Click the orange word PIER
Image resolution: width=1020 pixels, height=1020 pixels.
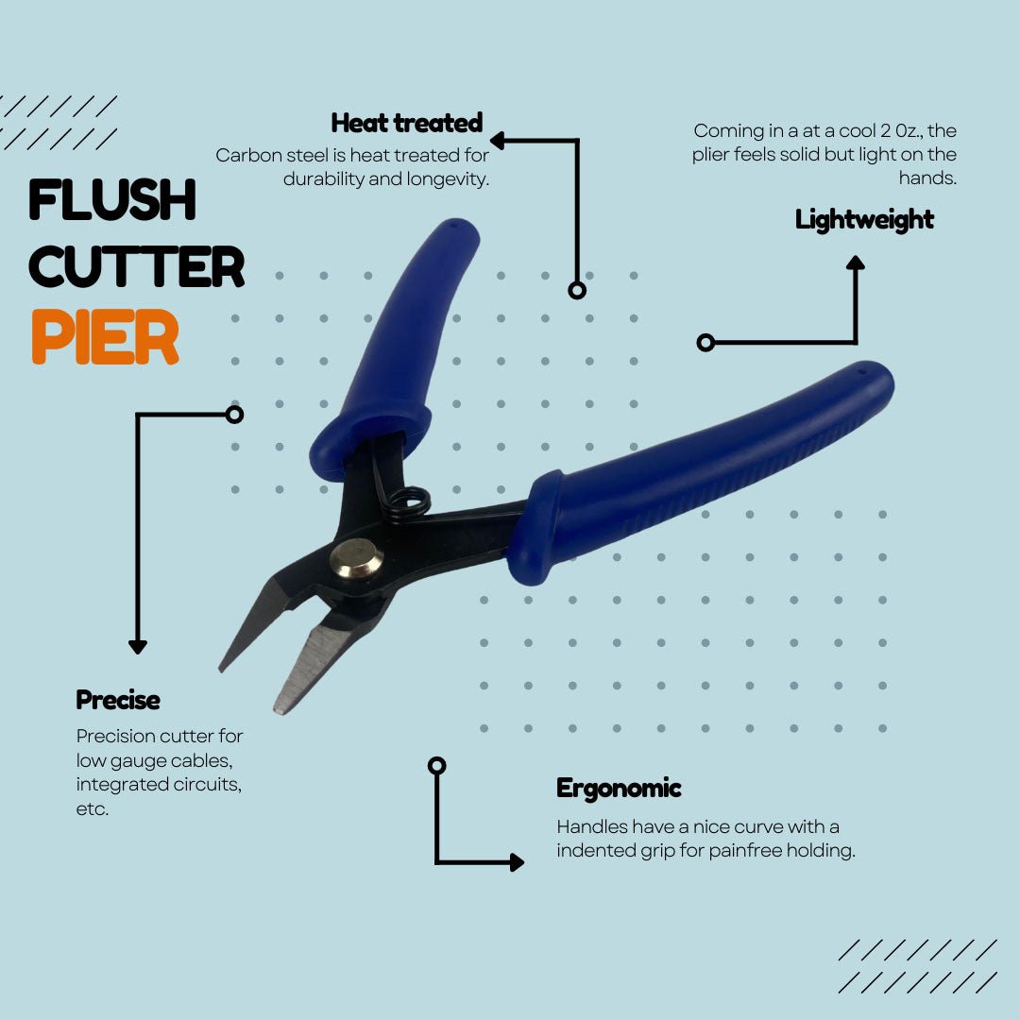coord(106,336)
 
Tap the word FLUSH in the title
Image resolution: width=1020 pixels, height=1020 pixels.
coord(112,199)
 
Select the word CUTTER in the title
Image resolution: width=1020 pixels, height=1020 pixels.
coord(137,266)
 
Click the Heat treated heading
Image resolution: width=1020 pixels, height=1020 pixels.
coord(407,122)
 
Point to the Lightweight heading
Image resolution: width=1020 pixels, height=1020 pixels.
coord(864,220)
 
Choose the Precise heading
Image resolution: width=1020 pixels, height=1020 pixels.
coord(118,700)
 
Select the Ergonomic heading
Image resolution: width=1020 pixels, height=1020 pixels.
coord(619,789)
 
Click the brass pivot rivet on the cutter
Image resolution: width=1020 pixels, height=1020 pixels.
coord(356,559)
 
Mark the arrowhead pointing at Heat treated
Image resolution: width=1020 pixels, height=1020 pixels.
coord(498,140)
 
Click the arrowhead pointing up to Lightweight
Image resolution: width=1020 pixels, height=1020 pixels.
coord(856,263)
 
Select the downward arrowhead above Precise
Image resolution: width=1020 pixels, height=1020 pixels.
coord(137,647)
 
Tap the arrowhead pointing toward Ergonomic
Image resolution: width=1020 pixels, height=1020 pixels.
coord(518,862)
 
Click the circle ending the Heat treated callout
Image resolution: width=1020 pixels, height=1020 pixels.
coord(577,290)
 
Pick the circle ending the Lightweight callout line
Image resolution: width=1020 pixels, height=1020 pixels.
coord(705,342)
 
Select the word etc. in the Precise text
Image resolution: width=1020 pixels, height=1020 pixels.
coord(93,809)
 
